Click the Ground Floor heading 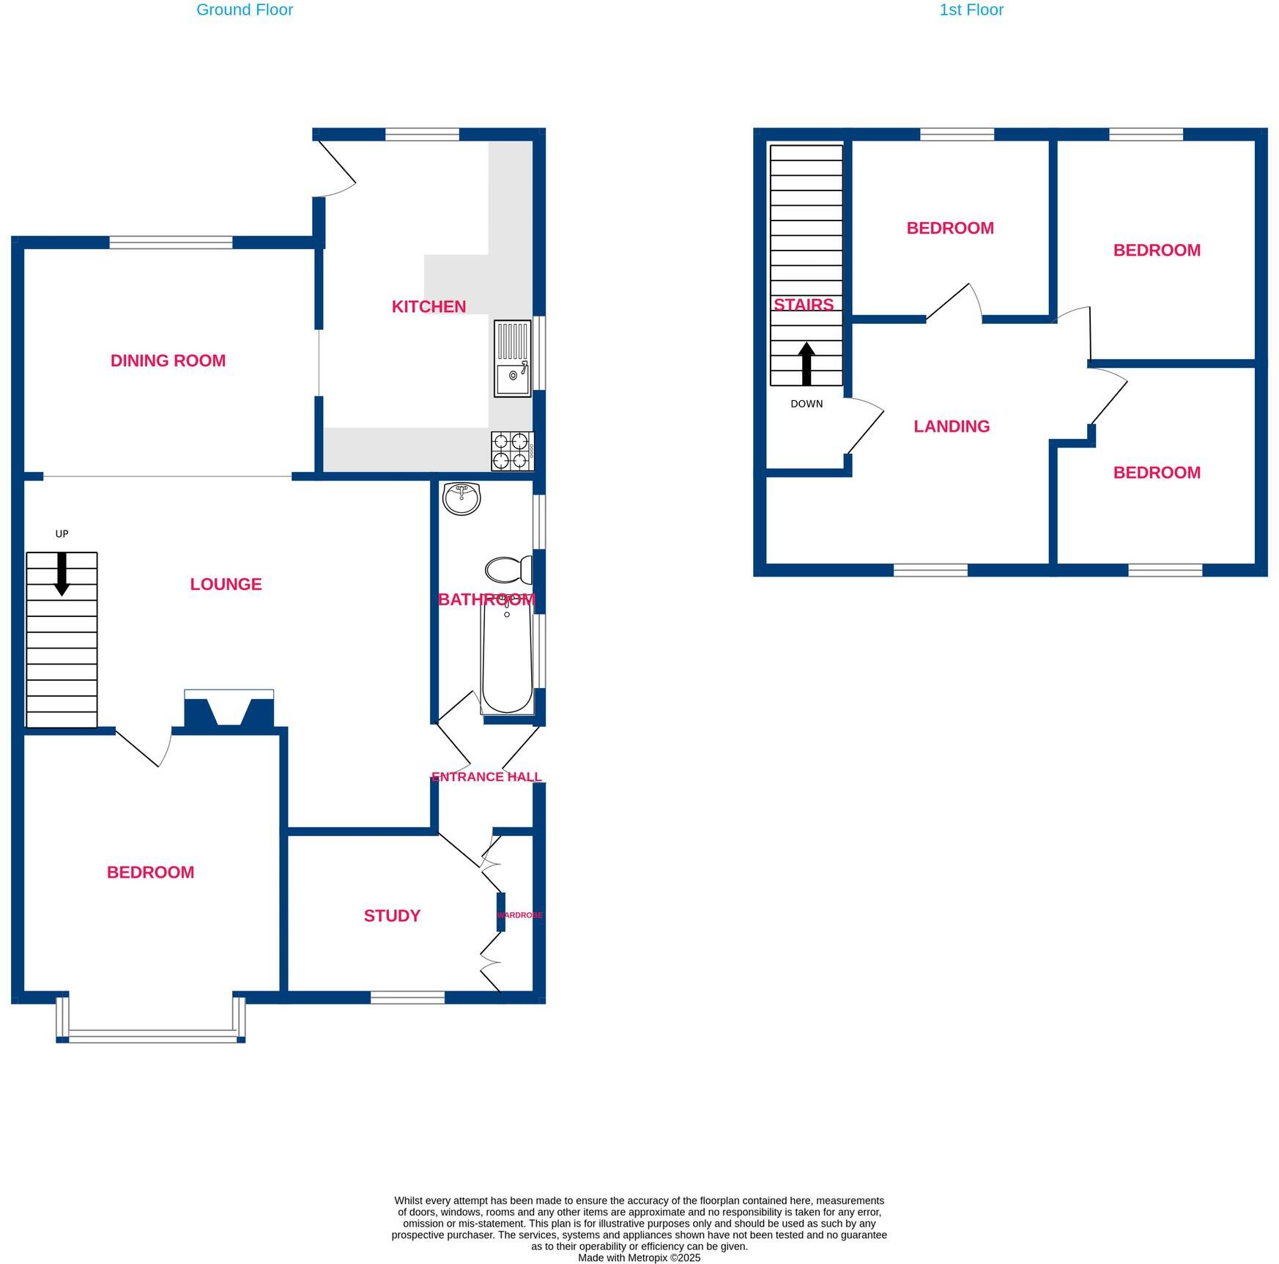click(245, 10)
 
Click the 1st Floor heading click(971, 10)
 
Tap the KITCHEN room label click(429, 306)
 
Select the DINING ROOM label click(168, 361)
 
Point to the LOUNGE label click(226, 584)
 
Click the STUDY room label click(392, 915)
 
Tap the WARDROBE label click(520, 915)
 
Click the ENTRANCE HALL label click(486, 777)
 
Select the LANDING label click(951, 426)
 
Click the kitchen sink click(512, 358)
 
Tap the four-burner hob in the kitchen click(511, 451)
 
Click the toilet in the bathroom click(508, 569)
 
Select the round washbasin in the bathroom click(461, 498)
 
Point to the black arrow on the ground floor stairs click(62, 573)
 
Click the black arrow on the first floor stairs click(806, 363)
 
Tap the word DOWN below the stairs click(806, 404)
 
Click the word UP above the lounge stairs click(62, 533)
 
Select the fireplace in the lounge click(229, 709)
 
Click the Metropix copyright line click(639, 1257)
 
